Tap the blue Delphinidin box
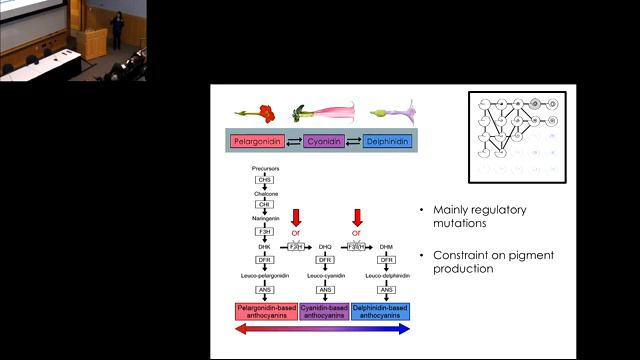[385, 142]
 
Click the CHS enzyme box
[265, 179]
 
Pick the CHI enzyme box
[265, 204]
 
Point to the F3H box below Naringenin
[265, 231]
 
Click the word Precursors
[265, 169]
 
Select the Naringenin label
[265, 217]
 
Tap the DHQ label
[325, 245]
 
